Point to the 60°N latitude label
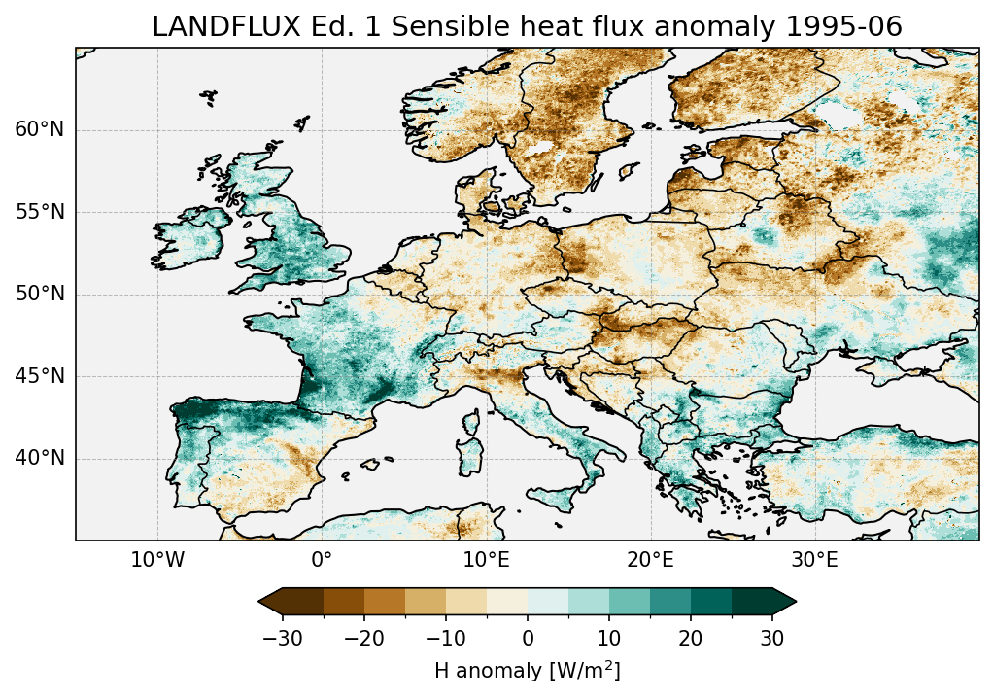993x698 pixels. pyautogui.click(x=39, y=130)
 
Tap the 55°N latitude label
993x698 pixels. pyautogui.click(x=39, y=212)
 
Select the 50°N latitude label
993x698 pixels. pyautogui.click(x=39, y=295)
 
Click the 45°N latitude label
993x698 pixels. pyautogui.click(x=39, y=376)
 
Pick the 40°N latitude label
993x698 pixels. pyautogui.click(x=39, y=458)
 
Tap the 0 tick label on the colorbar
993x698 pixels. pyautogui.click(x=528, y=638)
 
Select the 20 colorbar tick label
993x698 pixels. pyautogui.click(x=691, y=638)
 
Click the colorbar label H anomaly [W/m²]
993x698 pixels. pyautogui.click(x=528, y=670)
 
